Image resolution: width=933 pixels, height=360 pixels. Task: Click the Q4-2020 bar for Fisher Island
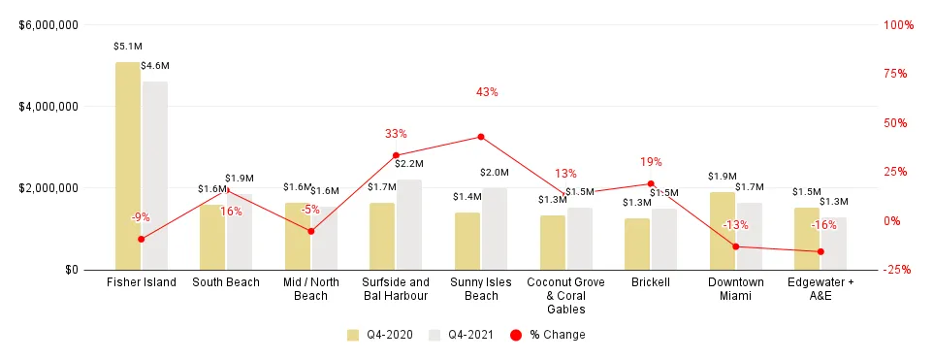coord(127,166)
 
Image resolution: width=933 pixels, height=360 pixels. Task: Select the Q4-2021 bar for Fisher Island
coord(154,176)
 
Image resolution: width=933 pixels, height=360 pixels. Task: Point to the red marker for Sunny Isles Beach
coord(481,137)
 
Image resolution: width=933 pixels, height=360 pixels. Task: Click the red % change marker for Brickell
coord(651,183)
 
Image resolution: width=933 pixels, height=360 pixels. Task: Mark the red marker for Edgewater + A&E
coord(820,252)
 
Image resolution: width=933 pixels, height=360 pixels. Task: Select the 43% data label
coord(487,92)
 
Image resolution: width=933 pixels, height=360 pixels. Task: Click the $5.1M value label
coord(127,46)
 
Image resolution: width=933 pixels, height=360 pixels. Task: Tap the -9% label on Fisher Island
coord(141,217)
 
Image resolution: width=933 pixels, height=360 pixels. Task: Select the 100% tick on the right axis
coord(899,25)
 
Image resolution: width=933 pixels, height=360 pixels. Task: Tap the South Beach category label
coord(226,282)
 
